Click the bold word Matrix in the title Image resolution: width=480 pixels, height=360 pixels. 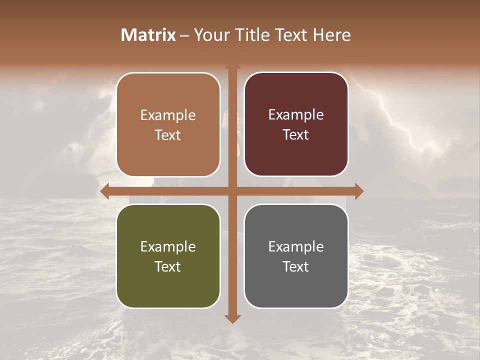coord(148,35)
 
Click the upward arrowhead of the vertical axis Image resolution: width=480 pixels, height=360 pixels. coord(232,66)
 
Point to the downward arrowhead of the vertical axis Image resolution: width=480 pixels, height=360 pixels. coord(232,318)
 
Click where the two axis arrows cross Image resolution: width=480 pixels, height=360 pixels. coord(232,191)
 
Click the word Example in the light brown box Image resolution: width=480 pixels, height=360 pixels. coord(168,115)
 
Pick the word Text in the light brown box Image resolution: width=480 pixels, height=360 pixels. coord(168,135)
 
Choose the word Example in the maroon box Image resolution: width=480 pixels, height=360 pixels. coord(296,115)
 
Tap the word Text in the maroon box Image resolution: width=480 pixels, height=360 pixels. coord(296,135)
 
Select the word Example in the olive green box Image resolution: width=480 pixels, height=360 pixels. coord(168,247)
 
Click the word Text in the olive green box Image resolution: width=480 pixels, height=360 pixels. coord(168,267)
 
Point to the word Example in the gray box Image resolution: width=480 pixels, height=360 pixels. coord(296,247)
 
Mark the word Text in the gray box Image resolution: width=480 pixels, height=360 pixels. coord(296,267)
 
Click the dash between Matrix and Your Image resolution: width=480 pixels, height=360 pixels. coord(184,35)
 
